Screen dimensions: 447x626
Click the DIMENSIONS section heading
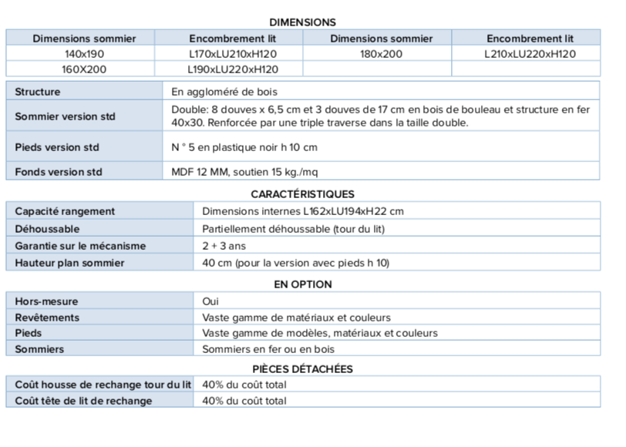(302, 22)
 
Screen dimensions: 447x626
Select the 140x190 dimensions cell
(84, 54)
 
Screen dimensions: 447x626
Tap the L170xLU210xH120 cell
(233, 54)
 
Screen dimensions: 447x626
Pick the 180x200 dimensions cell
(381, 54)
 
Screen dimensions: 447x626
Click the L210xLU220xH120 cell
(530, 54)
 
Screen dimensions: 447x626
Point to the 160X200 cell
(84, 69)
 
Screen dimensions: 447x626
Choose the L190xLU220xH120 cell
(233, 69)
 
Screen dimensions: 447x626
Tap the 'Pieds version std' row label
(57, 146)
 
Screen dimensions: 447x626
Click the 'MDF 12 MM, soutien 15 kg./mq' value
(244, 171)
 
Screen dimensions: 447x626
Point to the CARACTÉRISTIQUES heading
(302, 194)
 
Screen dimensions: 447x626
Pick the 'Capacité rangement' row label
(65, 211)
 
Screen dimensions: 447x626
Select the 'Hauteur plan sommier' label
(69, 263)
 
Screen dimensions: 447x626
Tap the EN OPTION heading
(302, 284)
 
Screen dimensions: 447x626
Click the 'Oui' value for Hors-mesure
(210, 301)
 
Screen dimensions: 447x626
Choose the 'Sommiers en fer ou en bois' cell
(268, 349)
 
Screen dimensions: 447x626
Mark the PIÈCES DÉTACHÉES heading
(302, 368)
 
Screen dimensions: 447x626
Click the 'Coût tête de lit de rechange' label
(83, 401)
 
